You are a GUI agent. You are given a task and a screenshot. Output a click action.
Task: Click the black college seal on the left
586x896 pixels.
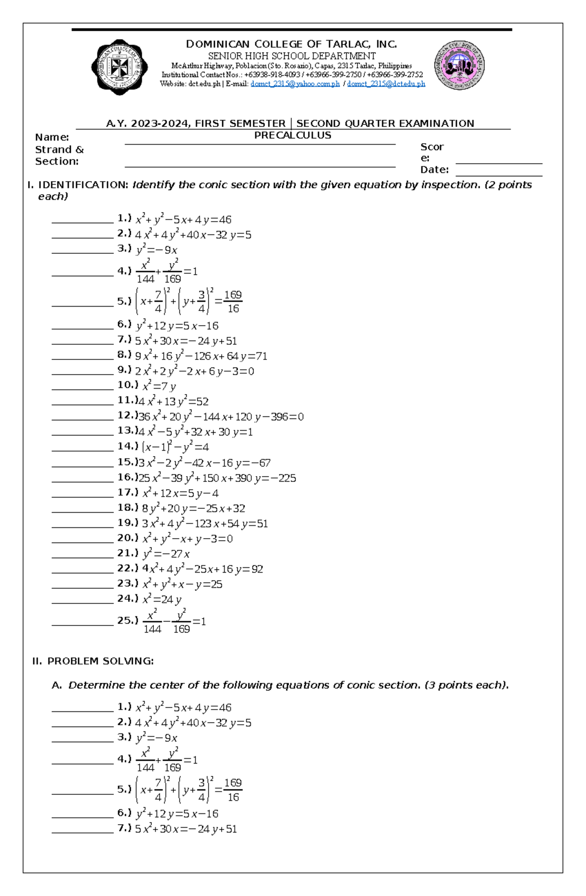119,67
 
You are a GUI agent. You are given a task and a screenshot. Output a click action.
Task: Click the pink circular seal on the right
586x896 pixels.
459,65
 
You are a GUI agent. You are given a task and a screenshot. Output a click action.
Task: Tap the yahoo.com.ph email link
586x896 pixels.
295,84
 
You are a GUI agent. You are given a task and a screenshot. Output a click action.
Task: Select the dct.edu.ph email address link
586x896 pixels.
386,84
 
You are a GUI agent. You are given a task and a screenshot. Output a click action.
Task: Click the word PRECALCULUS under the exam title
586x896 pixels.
293,135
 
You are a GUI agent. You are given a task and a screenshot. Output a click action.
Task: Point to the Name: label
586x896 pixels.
52,137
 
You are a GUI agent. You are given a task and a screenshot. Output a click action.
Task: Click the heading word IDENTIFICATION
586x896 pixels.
83,185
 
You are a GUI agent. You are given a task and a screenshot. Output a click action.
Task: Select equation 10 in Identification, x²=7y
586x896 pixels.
159,386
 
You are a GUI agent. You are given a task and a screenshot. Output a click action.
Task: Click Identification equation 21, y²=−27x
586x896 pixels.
166,554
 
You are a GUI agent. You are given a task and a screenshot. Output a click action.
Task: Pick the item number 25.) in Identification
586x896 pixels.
127,621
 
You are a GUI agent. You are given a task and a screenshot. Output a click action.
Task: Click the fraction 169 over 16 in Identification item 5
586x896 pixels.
233,302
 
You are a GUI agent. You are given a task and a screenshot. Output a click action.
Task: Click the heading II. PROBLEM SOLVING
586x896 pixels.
93,661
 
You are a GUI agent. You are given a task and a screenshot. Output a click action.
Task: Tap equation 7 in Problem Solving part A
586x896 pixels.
186,829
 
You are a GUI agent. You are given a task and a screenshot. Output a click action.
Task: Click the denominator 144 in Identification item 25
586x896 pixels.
152,629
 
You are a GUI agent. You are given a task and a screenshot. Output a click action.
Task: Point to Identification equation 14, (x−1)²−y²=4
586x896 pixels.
175,447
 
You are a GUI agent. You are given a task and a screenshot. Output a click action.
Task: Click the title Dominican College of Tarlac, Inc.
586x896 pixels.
292,44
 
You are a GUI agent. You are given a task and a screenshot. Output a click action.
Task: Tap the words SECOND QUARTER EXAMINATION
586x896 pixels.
385,124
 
